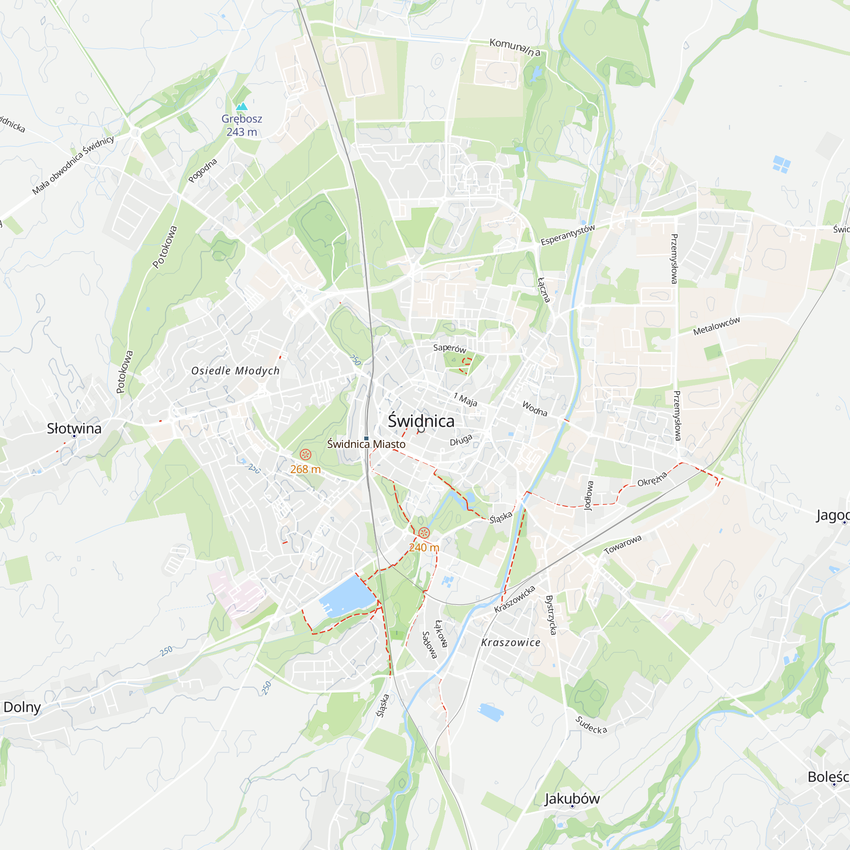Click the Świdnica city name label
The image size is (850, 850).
tap(421, 421)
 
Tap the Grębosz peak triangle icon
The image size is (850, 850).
tap(241, 107)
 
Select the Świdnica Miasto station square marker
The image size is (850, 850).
tap(366, 438)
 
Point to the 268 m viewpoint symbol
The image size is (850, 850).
tap(305, 454)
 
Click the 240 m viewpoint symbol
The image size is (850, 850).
tap(424, 533)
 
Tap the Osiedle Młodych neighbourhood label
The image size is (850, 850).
tap(235, 371)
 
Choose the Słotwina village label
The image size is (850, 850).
tap(74, 428)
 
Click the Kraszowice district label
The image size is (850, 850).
tap(511, 642)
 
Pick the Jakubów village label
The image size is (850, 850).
tap(572, 798)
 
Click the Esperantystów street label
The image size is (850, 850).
tap(567, 235)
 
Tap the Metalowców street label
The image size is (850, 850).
tap(717, 326)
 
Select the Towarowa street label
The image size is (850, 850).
tap(623, 545)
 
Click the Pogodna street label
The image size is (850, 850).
tap(202, 170)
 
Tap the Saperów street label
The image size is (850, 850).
tap(449, 348)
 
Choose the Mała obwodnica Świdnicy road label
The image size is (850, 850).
tap(73, 165)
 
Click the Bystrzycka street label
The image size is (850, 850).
tap(551, 615)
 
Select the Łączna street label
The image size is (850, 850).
tap(544, 290)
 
